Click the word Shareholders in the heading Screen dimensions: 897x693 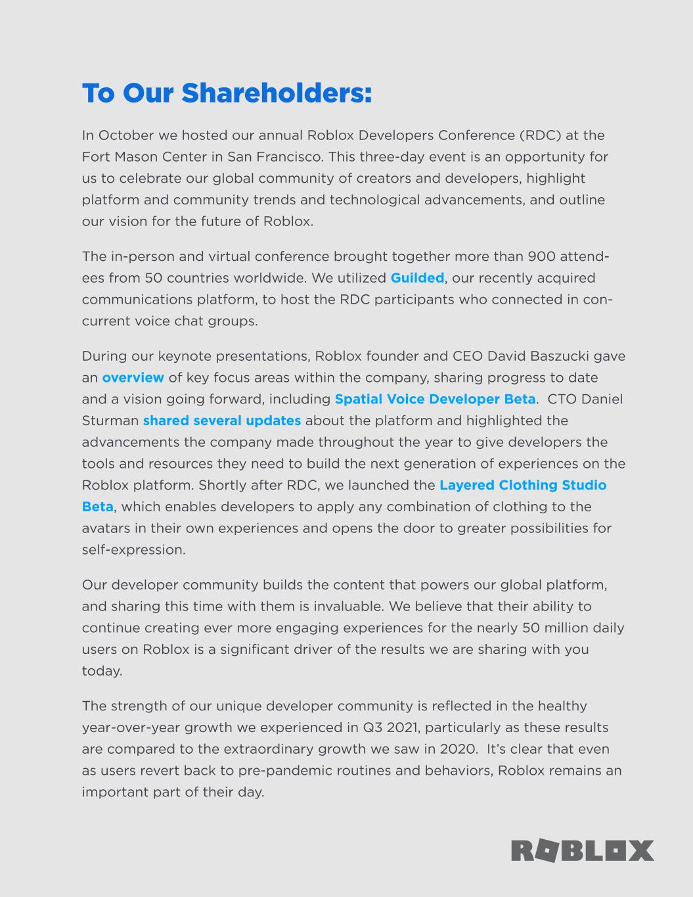(277, 93)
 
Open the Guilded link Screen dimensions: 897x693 (417, 278)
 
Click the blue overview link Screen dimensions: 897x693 (133, 378)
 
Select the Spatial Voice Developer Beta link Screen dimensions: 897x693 (435, 400)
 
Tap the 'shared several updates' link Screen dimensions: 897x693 (222, 421)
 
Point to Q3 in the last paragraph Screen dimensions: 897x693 (372, 728)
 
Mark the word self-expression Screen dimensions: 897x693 (133, 550)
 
